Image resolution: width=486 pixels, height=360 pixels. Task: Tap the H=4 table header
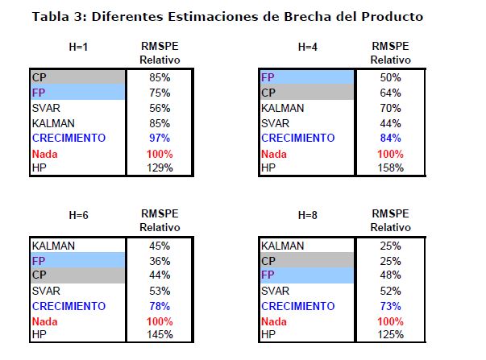point(308,48)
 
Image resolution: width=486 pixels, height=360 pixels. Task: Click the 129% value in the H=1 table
point(160,168)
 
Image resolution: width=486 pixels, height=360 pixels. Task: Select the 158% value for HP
point(390,168)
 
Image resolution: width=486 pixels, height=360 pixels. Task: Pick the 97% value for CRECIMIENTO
point(160,139)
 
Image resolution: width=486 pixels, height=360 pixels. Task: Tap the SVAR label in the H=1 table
point(46,108)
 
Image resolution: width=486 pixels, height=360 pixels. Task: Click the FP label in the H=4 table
point(268,78)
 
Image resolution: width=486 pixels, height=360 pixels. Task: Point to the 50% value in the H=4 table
point(390,78)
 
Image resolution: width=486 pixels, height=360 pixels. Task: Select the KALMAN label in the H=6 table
point(53,246)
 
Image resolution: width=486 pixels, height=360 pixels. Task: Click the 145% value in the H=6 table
point(160,335)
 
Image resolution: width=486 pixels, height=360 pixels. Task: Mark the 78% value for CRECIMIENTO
point(160,306)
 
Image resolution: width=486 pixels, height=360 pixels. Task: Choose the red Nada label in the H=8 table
point(276,321)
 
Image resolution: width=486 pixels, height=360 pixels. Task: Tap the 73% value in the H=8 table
point(390,306)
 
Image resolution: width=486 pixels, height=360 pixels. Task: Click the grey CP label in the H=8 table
point(268,261)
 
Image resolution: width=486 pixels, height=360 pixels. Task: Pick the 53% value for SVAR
point(160,291)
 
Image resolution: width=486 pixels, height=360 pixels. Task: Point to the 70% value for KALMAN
point(390,108)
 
